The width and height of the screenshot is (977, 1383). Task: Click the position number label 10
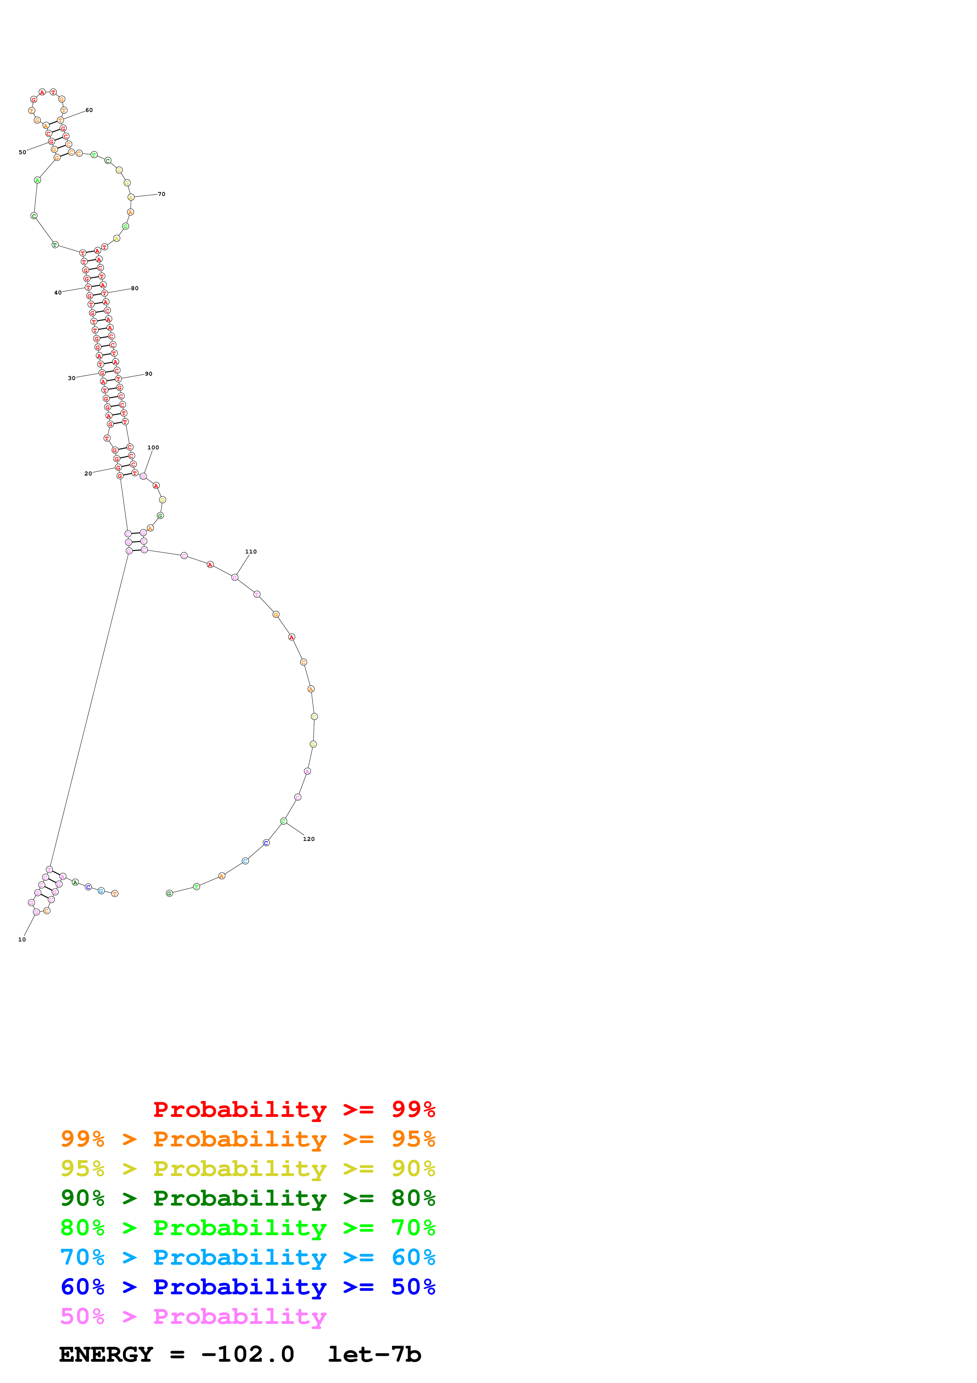[22, 939]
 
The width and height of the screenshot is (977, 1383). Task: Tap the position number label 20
[88, 473]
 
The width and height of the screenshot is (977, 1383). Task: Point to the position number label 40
[58, 293]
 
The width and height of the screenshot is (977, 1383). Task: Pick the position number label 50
[22, 153]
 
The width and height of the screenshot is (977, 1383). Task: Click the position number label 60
[89, 110]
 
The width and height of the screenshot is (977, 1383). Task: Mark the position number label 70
[161, 194]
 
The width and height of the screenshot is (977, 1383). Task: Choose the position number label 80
[135, 289]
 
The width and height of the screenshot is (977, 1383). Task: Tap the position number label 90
[149, 374]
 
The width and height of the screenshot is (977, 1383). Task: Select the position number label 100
[153, 447]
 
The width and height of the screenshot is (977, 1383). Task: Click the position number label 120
[309, 839]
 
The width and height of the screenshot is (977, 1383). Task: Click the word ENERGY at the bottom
[106, 1355]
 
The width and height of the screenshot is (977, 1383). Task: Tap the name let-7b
[374, 1355]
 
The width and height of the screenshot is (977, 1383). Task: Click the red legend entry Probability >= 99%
[294, 1109]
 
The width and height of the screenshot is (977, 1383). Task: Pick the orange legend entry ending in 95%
[248, 1139]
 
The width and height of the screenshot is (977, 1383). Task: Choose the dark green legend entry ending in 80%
[248, 1198]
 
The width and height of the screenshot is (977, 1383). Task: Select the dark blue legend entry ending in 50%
[248, 1287]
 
